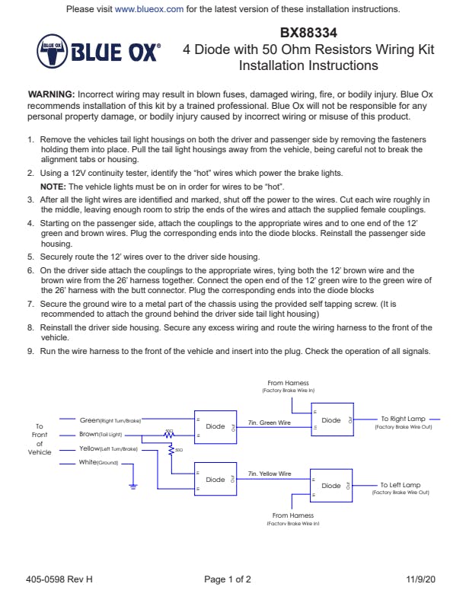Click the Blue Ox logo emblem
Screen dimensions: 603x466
(52, 52)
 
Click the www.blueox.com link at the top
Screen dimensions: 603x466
(149, 9)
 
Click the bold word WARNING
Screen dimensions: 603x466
(51, 93)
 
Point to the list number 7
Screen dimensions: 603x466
(30, 303)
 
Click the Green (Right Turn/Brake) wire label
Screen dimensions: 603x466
(111, 420)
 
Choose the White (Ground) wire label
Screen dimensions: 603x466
(98, 463)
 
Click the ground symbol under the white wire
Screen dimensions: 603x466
(132, 485)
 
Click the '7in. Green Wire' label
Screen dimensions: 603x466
(270, 422)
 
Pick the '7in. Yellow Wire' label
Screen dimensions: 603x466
(270, 474)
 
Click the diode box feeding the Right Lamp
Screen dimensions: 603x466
(332, 420)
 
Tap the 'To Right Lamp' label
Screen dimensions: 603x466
(403, 419)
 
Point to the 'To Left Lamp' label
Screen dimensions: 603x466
(401, 484)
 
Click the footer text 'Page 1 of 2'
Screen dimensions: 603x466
(228, 579)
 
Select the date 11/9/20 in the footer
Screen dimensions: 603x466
(420, 579)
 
